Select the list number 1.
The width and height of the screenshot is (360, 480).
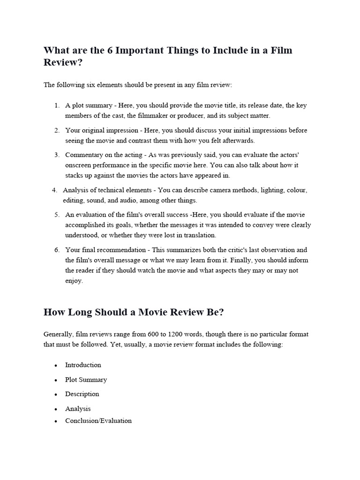point(56,105)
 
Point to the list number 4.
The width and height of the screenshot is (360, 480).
point(54,190)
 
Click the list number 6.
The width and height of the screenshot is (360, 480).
point(56,250)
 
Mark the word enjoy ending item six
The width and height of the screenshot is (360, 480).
point(74,281)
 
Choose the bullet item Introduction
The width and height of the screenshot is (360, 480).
point(83,365)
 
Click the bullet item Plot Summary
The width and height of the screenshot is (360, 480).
point(86,380)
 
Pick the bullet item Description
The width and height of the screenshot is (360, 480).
point(82,394)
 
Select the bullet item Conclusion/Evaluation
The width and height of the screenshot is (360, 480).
point(98,420)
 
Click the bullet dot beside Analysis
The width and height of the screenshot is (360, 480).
point(56,409)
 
